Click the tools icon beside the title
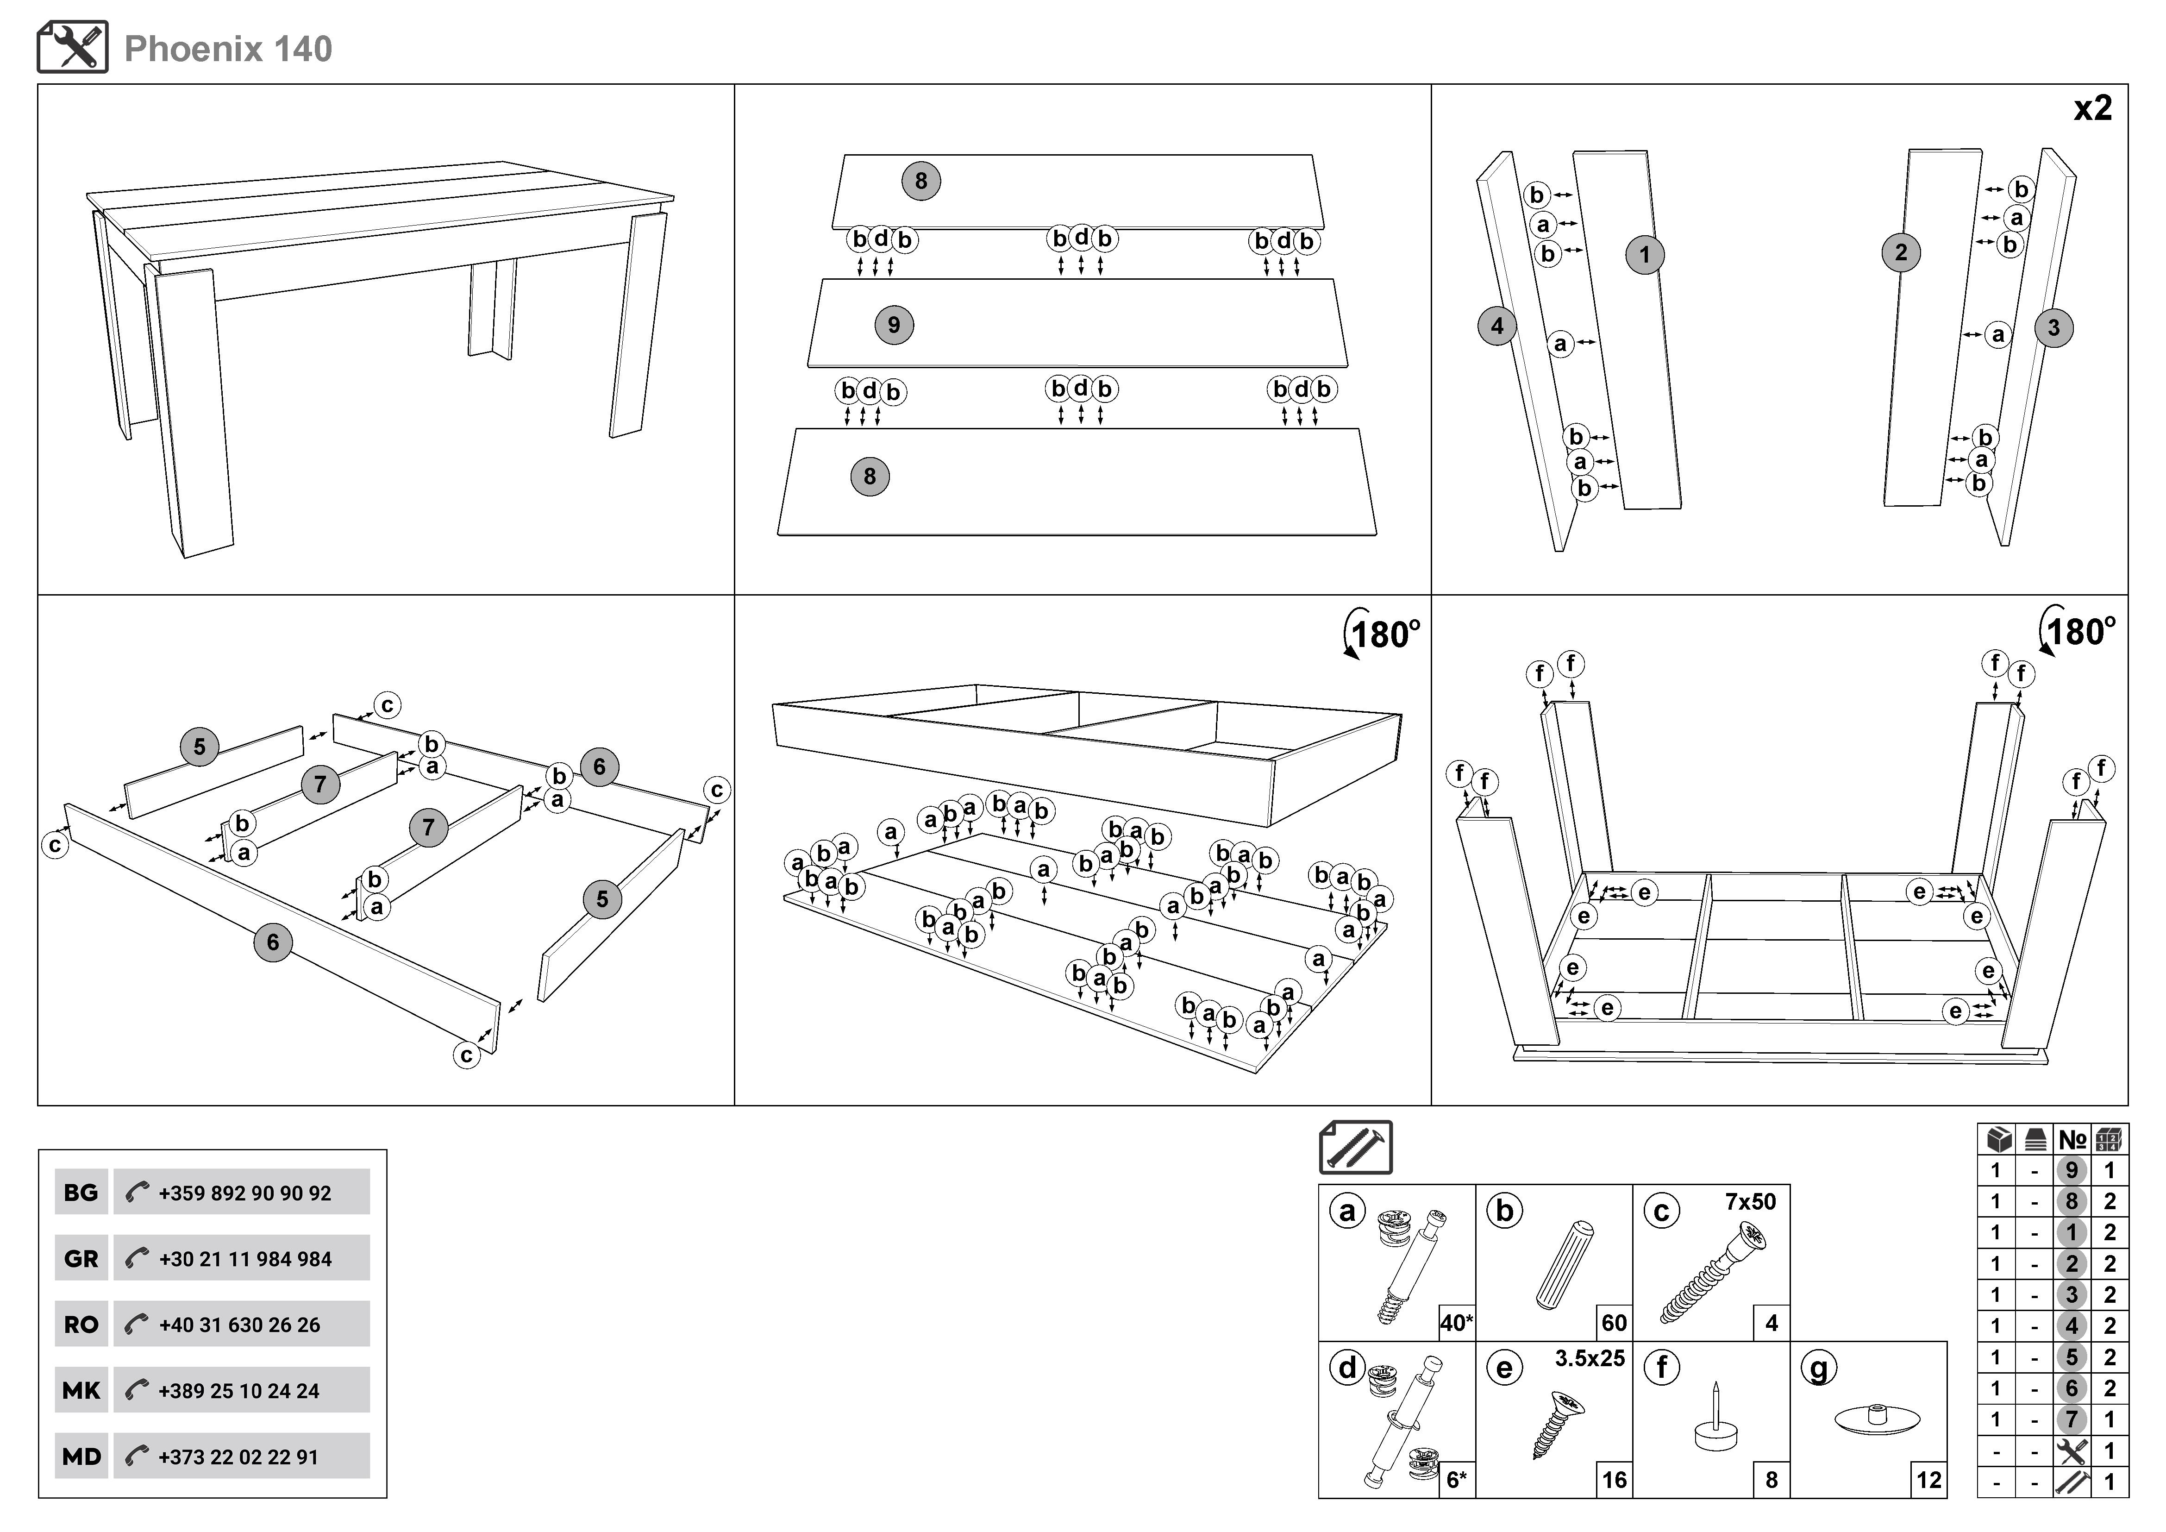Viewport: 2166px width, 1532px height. pyautogui.click(x=73, y=47)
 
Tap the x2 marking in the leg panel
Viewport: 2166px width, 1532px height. pyautogui.click(x=2092, y=108)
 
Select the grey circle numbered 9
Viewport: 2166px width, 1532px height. pyautogui.click(x=893, y=326)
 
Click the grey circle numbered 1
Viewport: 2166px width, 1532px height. pyautogui.click(x=1644, y=255)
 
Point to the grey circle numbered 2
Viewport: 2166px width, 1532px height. pyautogui.click(x=1901, y=253)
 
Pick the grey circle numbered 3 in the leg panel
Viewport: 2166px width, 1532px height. pyautogui.click(x=2054, y=328)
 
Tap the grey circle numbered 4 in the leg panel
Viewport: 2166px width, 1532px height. pyautogui.click(x=1496, y=326)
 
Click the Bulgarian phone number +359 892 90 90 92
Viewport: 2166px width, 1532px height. pyautogui.click(x=244, y=1193)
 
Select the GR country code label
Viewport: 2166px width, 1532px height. pyautogui.click(x=81, y=1258)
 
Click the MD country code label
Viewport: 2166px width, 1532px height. pyautogui.click(x=81, y=1457)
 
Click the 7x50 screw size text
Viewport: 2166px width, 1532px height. pyautogui.click(x=1750, y=1202)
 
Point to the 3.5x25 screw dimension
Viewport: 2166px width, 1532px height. pyautogui.click(x=1590, y=1358)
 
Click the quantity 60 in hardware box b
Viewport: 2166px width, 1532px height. pyautogui.click(x=1614, y=1323)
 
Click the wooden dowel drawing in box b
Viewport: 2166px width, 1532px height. pyautogui.click(x=1564, y=1264)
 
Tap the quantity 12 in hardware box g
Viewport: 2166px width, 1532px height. pyautogui.click(x=1928, y=1479)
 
